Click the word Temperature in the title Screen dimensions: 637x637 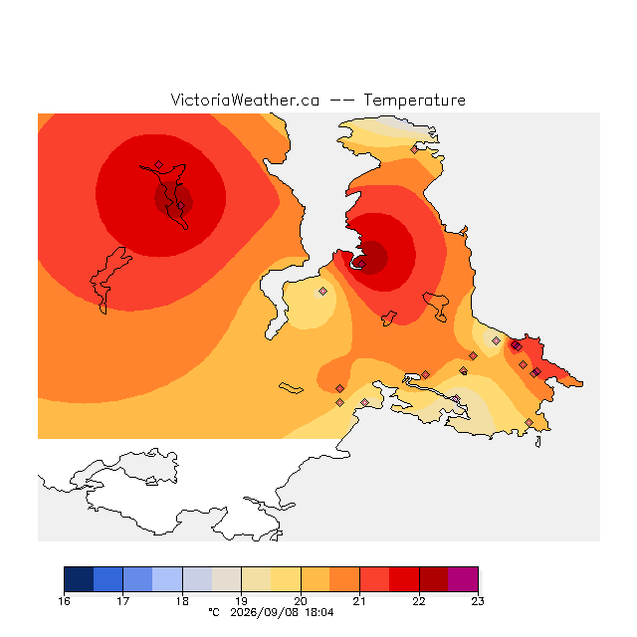tap(414, 100)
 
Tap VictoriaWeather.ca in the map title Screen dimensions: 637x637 tap(245, 100)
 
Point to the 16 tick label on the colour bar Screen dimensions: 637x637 tap(64, 601)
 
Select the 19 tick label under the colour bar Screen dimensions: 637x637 tap(241, 601)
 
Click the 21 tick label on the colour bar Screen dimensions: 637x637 tap(359, 601)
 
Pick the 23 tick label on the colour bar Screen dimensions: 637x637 tap(478, 601)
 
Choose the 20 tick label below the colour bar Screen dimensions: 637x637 tap(301, 601)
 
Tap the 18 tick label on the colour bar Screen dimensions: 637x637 tap(182, 601)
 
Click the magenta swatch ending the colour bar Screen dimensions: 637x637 tap(463, 579)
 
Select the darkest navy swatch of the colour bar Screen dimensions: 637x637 tap(79, 579)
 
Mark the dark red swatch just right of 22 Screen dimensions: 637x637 tap(434, 579)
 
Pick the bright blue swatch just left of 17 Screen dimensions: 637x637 tap(108, 579)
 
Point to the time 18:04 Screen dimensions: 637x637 tap(319, 612)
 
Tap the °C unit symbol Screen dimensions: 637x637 tap(214, 612)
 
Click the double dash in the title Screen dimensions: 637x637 tap(341, 101)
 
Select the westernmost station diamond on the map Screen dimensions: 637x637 tap(159, 164)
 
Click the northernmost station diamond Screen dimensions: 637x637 tap(414, 150)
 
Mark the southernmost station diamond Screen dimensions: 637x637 tap(529, 422)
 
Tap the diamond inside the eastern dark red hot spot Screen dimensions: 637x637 tap(361, 264)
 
